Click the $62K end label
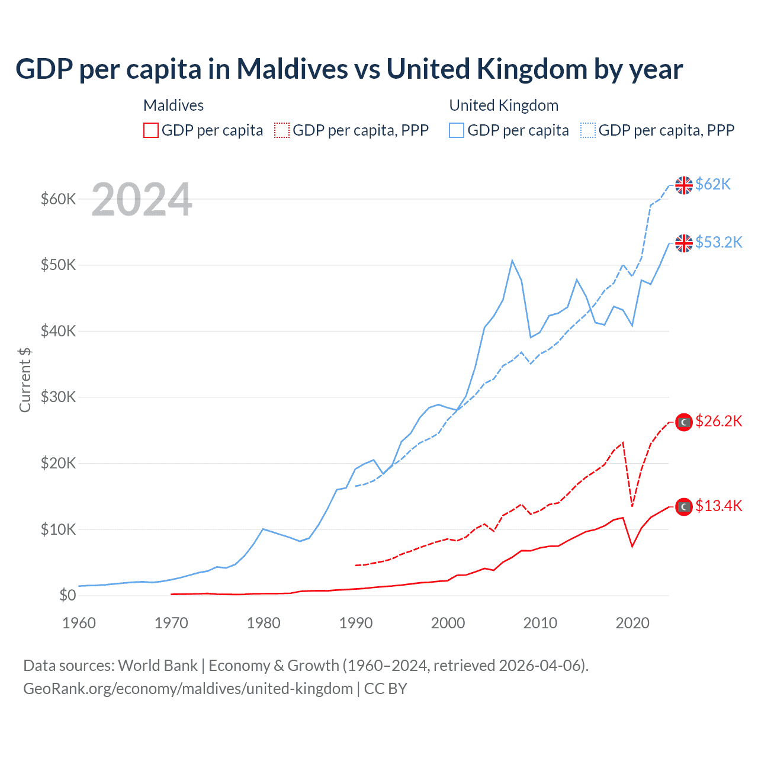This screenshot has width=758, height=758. pyautogui.click(x=713, y=184)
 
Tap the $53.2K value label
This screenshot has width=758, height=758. pyautogui.click(x=718, y=242)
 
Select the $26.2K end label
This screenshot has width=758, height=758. pyautogui.click(x=718, y=421)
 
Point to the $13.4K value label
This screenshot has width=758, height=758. pyautogui.click(x=718, y=506)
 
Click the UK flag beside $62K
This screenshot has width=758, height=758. pyautogui.click(x=684, y=185)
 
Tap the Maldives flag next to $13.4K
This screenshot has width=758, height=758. pyautogui.click(x=684, y=507)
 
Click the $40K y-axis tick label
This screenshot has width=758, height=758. pyautogui.click(x=58, y=331)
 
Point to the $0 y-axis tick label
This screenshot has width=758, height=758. pyautogui.click(x=68, y=595)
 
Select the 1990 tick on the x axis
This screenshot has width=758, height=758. pyautogui.click(x=356, y=623)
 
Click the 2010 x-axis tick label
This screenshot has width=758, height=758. pyautogui.click(x=540, y=623)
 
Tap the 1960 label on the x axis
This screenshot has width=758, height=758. pyautogui.click(x=79, y=623)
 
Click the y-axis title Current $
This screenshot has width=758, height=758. pyautogui.click(x=25, y=380)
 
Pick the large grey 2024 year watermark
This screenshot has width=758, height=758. pyautogui.click(x=142, y=200)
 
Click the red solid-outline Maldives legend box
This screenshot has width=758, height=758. pyautogui.click(x=151, y=130)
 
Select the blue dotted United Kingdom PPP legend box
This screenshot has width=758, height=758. pyautogui.click(x=588, y=130)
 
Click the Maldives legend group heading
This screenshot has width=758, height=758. pyautogui.click(x=174, y=105)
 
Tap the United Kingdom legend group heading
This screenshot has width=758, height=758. pyautogui.click(x=504, y=105)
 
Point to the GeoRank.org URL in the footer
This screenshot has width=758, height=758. pyautogui.click(x=188, y=689)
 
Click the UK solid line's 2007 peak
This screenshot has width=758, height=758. pyautogui.click(x=512, y=261)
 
